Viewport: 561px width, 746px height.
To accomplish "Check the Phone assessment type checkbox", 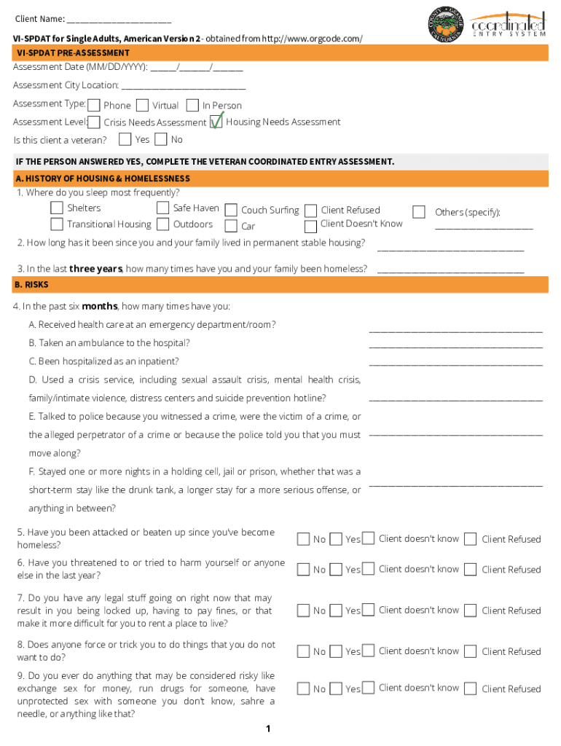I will point(94,105).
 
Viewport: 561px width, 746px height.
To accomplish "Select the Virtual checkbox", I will point(143,105).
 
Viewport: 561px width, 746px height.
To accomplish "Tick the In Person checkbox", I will point(193,105).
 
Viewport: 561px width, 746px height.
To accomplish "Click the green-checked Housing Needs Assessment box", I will point(216,122).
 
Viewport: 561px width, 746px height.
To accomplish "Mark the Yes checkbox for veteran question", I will point(125,139).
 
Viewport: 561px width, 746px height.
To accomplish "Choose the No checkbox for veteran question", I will point(161,139).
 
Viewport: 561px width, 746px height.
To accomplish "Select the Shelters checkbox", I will point(57,208).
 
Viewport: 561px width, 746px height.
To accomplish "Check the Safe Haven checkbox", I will point(163,208).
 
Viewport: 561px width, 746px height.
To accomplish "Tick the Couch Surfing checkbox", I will point(231,210).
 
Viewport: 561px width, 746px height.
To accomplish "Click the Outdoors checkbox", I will point(163,224).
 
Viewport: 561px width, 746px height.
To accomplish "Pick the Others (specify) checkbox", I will point(419,212).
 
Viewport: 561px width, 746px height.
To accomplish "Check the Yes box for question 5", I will point(336,539).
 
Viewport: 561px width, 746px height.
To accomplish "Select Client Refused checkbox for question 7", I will point(471,610).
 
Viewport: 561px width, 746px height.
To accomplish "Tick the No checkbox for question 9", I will point(303,688).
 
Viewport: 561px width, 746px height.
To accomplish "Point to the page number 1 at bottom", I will point(268,729).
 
